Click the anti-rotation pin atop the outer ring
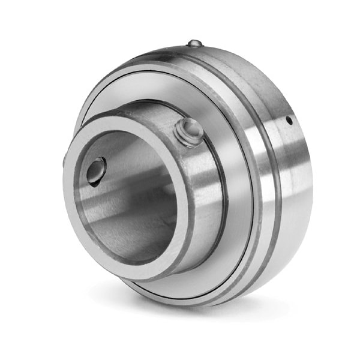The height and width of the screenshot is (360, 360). (x=194, y=43)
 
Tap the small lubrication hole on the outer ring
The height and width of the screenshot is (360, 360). (x=289, y=121)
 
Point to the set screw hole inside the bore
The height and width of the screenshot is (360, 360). (x=96, y=170)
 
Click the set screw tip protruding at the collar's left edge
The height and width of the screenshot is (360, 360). (x=64, y=161)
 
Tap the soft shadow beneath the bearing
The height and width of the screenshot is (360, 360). (x=198, y=312)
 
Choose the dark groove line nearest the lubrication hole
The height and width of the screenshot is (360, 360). (x=277, y=180)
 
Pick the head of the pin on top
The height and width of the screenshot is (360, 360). (x=194, y=42)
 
